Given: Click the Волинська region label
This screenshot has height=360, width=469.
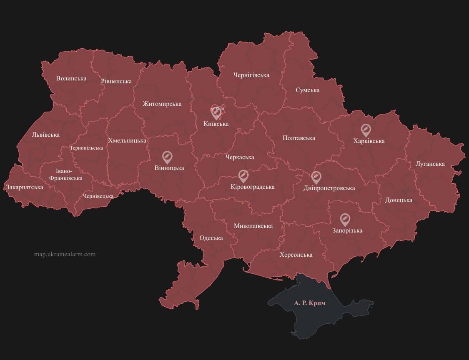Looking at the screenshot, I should tap(71, 78).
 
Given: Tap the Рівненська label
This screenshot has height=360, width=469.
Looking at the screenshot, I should tap(116, 81).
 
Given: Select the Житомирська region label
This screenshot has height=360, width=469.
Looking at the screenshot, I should tap(162, 104).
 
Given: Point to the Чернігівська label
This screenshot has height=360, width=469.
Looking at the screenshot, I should tap(251, 75).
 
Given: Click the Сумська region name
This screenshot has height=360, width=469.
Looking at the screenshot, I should tap(308, 90).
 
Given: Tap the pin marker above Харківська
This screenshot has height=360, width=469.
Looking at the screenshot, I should tap(366, 130).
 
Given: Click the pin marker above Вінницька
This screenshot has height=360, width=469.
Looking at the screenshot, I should tap(167, 157).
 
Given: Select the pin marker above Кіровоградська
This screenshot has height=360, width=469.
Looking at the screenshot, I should tap(243, 176).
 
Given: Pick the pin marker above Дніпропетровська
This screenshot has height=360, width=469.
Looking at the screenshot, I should tap(316, 177).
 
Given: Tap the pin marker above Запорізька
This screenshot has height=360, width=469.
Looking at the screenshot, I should tap(345, 219).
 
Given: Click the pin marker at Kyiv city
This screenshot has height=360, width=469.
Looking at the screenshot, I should tap(216, 113).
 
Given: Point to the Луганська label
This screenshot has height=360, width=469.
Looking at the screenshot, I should tap(430, 164).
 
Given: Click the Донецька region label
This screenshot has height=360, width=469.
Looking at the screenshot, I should tap(399, 200).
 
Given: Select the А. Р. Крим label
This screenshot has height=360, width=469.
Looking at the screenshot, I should tap(310, 303).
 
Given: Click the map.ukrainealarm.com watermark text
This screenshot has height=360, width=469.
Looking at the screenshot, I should tap(65, 254).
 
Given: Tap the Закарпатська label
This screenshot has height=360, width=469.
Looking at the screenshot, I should tap(25, 187).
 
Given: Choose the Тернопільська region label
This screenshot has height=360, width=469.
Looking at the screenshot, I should tap(86, 148).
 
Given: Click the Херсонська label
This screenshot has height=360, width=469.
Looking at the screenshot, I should tap(296, 255).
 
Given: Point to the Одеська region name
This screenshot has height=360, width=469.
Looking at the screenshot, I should tap(211, 238).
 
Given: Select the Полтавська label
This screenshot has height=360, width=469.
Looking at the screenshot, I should tap(298, 138).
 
